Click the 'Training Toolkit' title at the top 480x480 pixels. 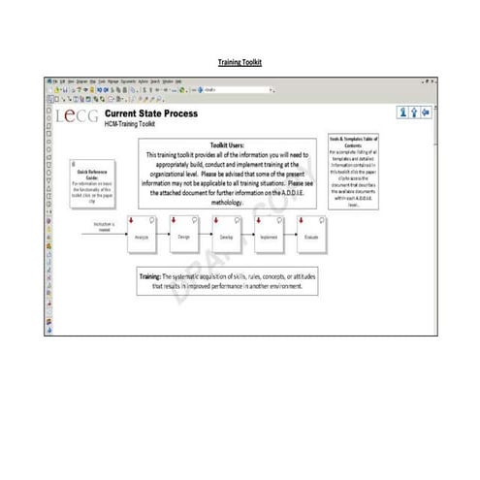(x=240, y=62)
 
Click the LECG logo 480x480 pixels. (x=78, y=116)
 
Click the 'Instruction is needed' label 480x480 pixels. (x=104, y=227)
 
